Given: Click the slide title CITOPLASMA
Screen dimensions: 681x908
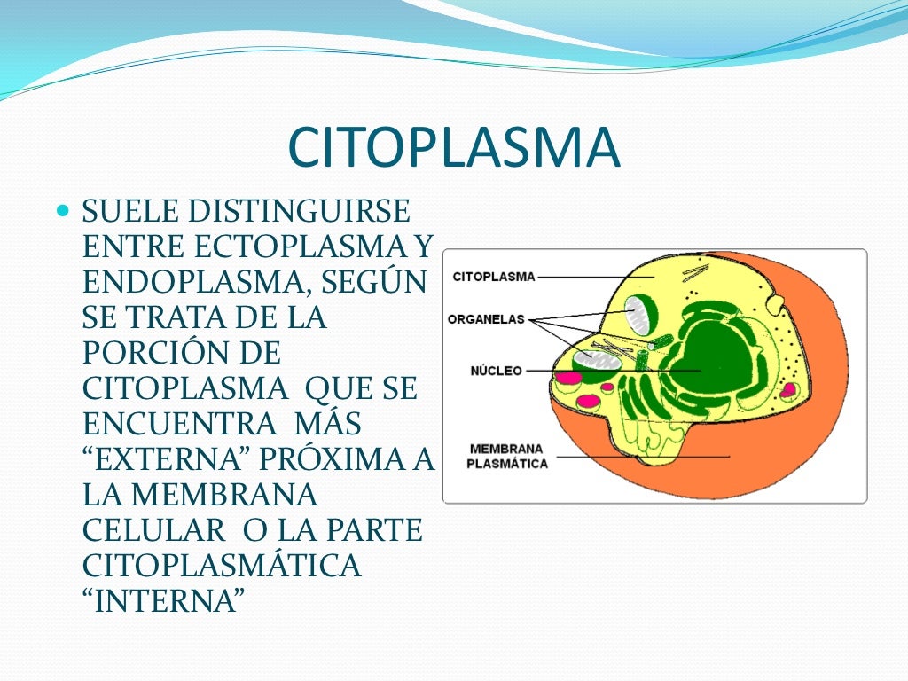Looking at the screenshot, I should pyautogui.click(x=454, y=148).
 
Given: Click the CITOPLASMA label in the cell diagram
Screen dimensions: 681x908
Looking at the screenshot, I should pyautogui.click(x=494, y=277).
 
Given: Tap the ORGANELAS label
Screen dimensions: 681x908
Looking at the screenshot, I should pyautogui.click(x=486, y=319).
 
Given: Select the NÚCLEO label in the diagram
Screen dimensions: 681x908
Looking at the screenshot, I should pyautogui.click(x=496, y=371).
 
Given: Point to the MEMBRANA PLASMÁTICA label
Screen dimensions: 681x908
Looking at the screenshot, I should pyautogui.click(x=507, y=456).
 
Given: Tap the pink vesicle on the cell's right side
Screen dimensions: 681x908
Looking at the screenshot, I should pyautogui.click(x=787, y=389).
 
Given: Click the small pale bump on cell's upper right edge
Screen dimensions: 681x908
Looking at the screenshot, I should pyautogui.click(x=776, y=305).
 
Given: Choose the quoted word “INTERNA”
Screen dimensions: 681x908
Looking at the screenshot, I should pyautogui.click(x=163, y=600).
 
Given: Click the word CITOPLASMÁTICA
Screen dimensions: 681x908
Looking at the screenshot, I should pyautogui.click(x=222, y=565).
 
